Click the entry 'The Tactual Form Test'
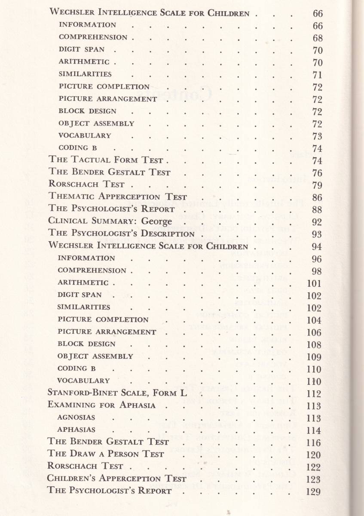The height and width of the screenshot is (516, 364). click(x=106, y=160)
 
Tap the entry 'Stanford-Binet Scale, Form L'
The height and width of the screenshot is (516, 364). click(x=112, y=393)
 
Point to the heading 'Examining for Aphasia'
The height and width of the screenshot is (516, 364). click(x=101, y=405)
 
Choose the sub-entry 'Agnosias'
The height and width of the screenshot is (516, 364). click(x=76, y=418)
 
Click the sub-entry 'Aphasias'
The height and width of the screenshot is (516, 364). click(x=76, y=430)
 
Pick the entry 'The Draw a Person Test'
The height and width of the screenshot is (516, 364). click(x=106, y=454)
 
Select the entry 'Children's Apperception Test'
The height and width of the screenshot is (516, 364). click(x=117, y=479)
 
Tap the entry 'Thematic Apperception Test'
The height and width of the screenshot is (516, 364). click(x=118, y=197)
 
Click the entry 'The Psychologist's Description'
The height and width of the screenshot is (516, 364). click(x=122, y=234)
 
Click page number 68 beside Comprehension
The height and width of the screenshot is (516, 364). click(x=318, y=38)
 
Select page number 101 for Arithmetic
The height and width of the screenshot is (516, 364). click(x=314, y=283)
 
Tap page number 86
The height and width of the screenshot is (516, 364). click(x=318, y=198)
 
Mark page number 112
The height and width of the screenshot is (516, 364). click(x=314, y=393)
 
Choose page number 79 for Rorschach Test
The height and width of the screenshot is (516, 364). click(x=318, y=185)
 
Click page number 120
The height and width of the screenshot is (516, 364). click(x=314, y=455)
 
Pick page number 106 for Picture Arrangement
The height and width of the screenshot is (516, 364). click(x=314, y=333)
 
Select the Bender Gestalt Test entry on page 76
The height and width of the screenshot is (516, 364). click(x=110, y=172)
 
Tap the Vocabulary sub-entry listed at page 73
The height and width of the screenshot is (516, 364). click(x=85, y=135)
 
